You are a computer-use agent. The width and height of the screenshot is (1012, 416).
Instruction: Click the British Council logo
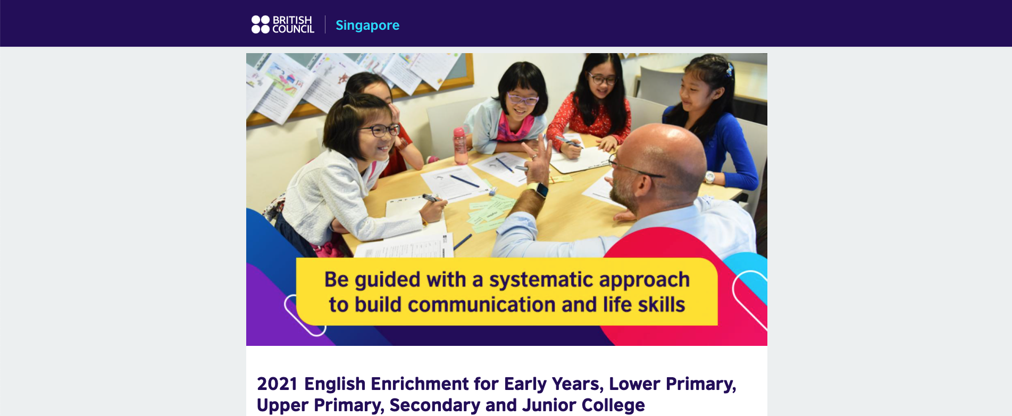coord(282,24)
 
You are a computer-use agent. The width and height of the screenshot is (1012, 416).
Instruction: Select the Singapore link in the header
coord(367,25)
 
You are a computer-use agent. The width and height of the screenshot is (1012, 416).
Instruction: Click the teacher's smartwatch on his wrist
coord(540,190)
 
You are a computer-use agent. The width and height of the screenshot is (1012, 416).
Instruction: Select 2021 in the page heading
coord(277,384)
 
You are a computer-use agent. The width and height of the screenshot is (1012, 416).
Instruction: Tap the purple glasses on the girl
coord(522,99)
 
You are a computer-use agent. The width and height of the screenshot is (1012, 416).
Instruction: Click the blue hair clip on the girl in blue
coord(730,70)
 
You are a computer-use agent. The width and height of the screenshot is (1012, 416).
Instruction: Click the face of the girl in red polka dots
coord(601,82)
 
